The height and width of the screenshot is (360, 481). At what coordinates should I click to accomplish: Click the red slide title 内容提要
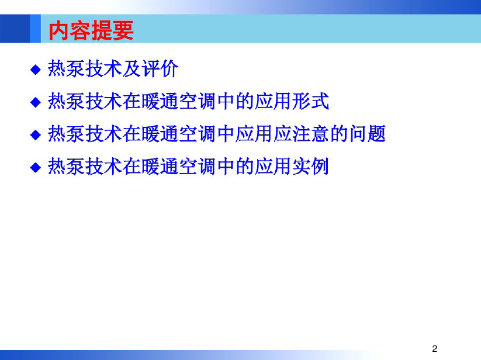click(x=91, y=30)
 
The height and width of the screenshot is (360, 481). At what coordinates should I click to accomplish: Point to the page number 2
click(x=434, y=349)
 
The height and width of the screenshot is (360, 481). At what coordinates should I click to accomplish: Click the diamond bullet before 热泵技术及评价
click(x=36, y=70)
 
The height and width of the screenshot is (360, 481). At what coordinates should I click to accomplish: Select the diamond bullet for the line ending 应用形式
click(x=36, y=102)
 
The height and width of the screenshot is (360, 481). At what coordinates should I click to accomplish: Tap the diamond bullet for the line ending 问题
click(x=36, y=135)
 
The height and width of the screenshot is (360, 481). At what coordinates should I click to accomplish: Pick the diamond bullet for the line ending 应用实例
click(x=36, y=167)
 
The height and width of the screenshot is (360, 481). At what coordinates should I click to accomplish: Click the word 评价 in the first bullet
click(x=160, y=68)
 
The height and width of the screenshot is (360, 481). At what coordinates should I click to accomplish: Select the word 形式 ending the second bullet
click(x=310, y=101)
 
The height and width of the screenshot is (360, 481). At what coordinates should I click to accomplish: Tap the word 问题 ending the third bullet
click(x=367, y=133)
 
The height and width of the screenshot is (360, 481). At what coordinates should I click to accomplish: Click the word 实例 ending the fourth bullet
click(x=310, y=166)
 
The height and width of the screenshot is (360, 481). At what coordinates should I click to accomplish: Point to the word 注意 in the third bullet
click(x=310, y=133)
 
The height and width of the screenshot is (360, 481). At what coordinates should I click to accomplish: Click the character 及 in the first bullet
click(x=132, y=68)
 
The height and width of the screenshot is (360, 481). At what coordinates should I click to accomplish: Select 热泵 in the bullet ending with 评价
click(x=66, y=68)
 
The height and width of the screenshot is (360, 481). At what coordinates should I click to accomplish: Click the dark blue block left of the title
click(x=15, y=29)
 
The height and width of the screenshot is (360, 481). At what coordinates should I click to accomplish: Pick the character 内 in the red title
click(x=58, y=30)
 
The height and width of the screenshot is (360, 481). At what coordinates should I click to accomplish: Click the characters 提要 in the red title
click(x=113, y=30)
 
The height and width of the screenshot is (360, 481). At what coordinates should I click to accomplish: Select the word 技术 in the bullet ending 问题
click(x=103, y=133)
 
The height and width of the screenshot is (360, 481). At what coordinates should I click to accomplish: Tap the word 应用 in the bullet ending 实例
click(x=273, y=166)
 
